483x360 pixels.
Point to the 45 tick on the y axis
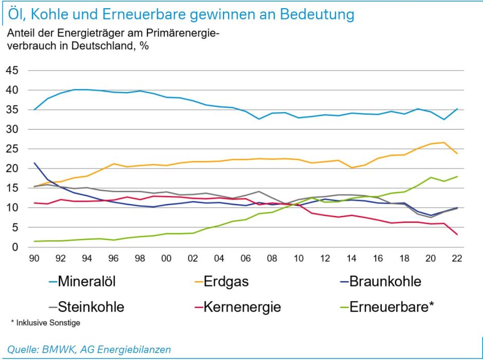12,70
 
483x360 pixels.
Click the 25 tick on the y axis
12,149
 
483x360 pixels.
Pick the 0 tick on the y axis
15,247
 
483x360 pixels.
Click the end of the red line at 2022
457,235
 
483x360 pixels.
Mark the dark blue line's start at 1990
34,163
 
